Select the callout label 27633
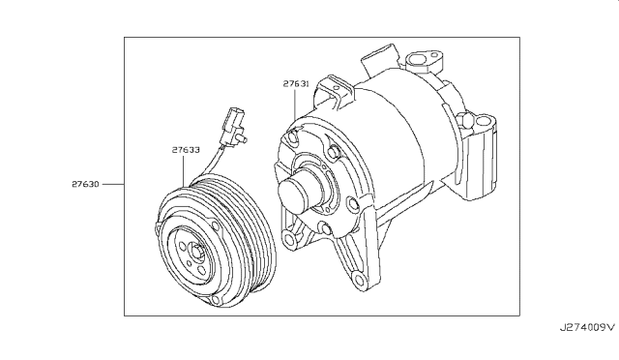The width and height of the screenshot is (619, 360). [186, 150]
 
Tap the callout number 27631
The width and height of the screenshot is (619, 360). [296, 84]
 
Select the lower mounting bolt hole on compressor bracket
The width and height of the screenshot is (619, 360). [360, 282]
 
